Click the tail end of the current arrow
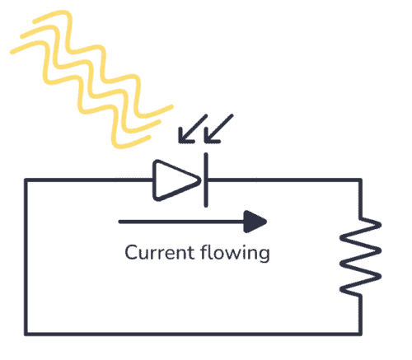pos(122,221)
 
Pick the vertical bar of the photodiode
pos(204,180)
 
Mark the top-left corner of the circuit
pos(26,180)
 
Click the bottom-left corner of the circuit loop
pos(26,333)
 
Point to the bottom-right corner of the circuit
pos(360,333)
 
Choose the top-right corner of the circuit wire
pos(360,180)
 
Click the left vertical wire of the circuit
pos(26,255)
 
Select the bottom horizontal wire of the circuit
pos(194,333)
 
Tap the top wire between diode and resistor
pos(280,180)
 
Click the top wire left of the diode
pos(91,180)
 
